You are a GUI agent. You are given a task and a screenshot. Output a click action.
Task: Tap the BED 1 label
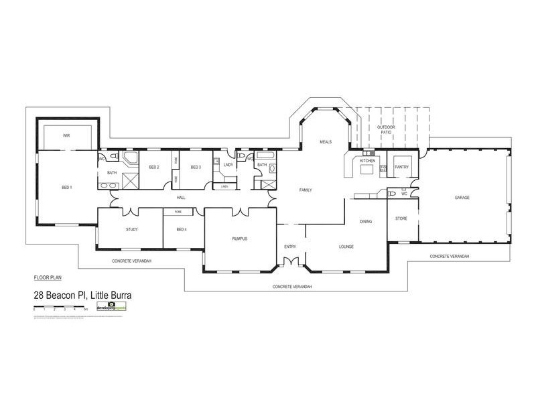[66, 187]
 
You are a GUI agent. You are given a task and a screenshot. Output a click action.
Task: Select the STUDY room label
[131, 229]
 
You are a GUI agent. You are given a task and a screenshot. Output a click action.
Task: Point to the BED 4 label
[181, 229]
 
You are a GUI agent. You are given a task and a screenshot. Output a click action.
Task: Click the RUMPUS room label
[240, 237]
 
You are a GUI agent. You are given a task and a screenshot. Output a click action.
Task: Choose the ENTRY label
[290, 247]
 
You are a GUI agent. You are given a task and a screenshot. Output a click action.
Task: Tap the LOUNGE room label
[346, 247]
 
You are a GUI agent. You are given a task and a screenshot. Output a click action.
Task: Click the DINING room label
[365, 221]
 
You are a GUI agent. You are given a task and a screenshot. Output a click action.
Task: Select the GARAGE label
[462, 198]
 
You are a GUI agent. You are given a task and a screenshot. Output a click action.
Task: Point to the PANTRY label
[402, 167]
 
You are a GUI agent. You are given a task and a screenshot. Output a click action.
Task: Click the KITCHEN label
[367, 161]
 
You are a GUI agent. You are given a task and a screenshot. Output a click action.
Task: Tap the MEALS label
[326, 142]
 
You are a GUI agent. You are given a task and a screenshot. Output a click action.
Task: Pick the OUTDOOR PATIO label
[386, 129]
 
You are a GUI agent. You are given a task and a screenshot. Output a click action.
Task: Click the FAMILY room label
[306, 190]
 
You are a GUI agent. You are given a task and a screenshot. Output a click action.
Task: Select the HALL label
[181, 198]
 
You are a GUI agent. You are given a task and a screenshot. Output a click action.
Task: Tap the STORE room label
[401, 218]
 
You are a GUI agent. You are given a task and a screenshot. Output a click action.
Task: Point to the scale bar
[60, 308]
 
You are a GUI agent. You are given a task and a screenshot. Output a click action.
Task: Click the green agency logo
[111, 306]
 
